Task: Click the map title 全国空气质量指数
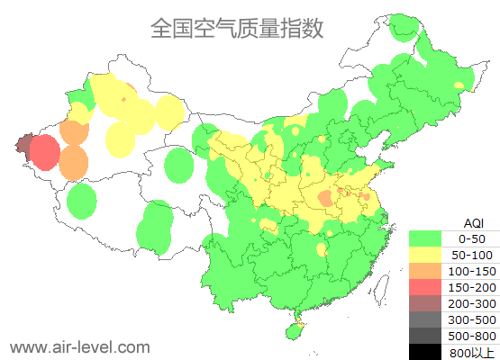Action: (x=237, y=28)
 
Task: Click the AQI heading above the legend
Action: (x=473, y=221)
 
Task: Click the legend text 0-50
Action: (x=472, y=238)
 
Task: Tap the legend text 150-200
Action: (x=472, y=287)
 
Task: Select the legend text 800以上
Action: (x=472, y=352)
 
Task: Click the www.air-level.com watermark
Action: (x=79, y=346)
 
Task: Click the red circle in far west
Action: (x=43, y=153)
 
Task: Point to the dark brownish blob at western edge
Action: (x=23, y=144)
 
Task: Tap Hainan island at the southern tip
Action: (x=294, y=330)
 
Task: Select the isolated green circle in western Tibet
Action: (x=82, y=200)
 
